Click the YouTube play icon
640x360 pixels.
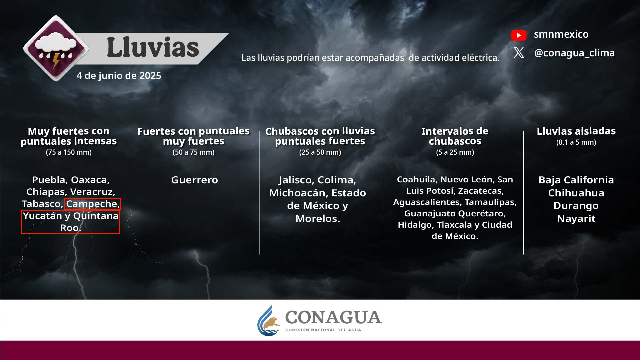[519, 35]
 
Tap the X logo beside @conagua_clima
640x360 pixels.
[519, 52]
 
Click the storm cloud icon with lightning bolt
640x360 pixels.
[56, 48]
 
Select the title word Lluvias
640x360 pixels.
[153, 47]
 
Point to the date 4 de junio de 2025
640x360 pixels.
[119, 76]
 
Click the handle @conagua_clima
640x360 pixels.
[574, 53]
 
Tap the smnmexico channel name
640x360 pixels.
[561, 34]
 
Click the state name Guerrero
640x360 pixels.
[194, 180]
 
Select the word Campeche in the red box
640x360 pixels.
[91, 204]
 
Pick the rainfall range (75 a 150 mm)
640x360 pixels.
[69, 152]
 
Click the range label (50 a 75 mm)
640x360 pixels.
[193, 152]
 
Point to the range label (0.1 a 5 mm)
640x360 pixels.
[576, 142]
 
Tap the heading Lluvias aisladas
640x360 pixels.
[576, 131]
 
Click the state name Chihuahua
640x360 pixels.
[576, 193]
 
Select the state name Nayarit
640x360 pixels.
[576, 219]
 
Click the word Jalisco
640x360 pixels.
[296, 180]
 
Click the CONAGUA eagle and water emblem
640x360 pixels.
[269, 321]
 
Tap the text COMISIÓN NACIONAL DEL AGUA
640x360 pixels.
[323, 330]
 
